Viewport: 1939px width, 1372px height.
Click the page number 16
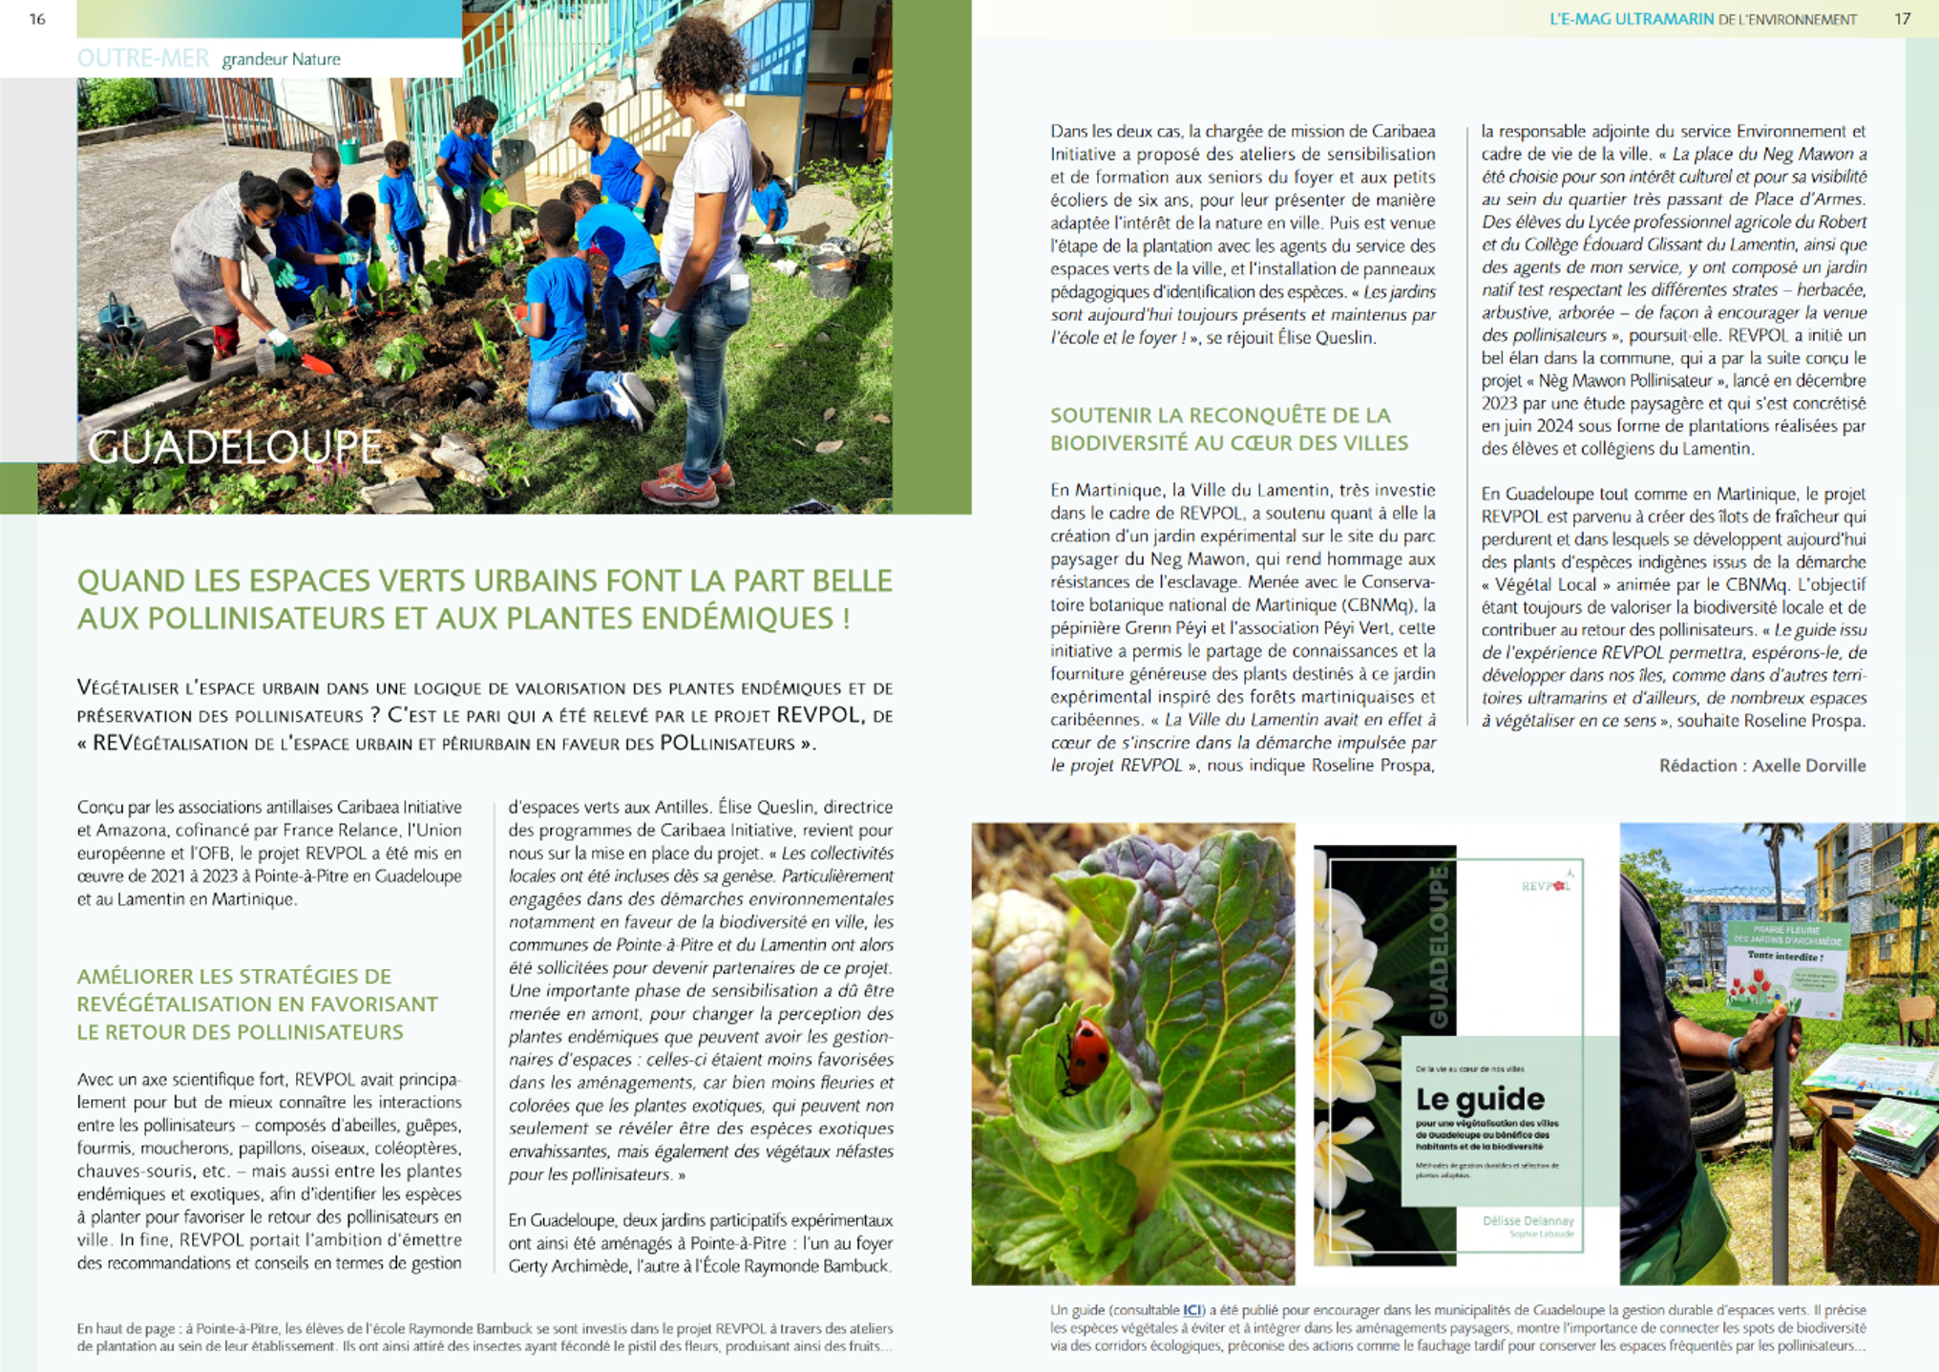37,19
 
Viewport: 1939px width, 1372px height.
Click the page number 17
1902,19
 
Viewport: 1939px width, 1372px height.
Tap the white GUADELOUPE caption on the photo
235,447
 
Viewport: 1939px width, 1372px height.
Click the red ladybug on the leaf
1086,1050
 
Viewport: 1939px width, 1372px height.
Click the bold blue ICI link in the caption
1192,1310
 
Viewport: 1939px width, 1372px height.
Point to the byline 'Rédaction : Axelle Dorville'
1761,766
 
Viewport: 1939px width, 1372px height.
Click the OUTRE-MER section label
143,58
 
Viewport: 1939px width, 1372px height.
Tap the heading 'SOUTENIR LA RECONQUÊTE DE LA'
1220,415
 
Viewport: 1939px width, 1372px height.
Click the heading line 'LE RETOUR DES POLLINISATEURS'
240,1032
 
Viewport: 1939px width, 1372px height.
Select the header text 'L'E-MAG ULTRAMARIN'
1632,19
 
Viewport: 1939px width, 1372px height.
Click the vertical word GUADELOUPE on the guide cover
1437,946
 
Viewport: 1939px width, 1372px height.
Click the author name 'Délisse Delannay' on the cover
1528,1220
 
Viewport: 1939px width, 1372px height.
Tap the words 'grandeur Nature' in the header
281,59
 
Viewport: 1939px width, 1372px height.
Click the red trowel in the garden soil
316,365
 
